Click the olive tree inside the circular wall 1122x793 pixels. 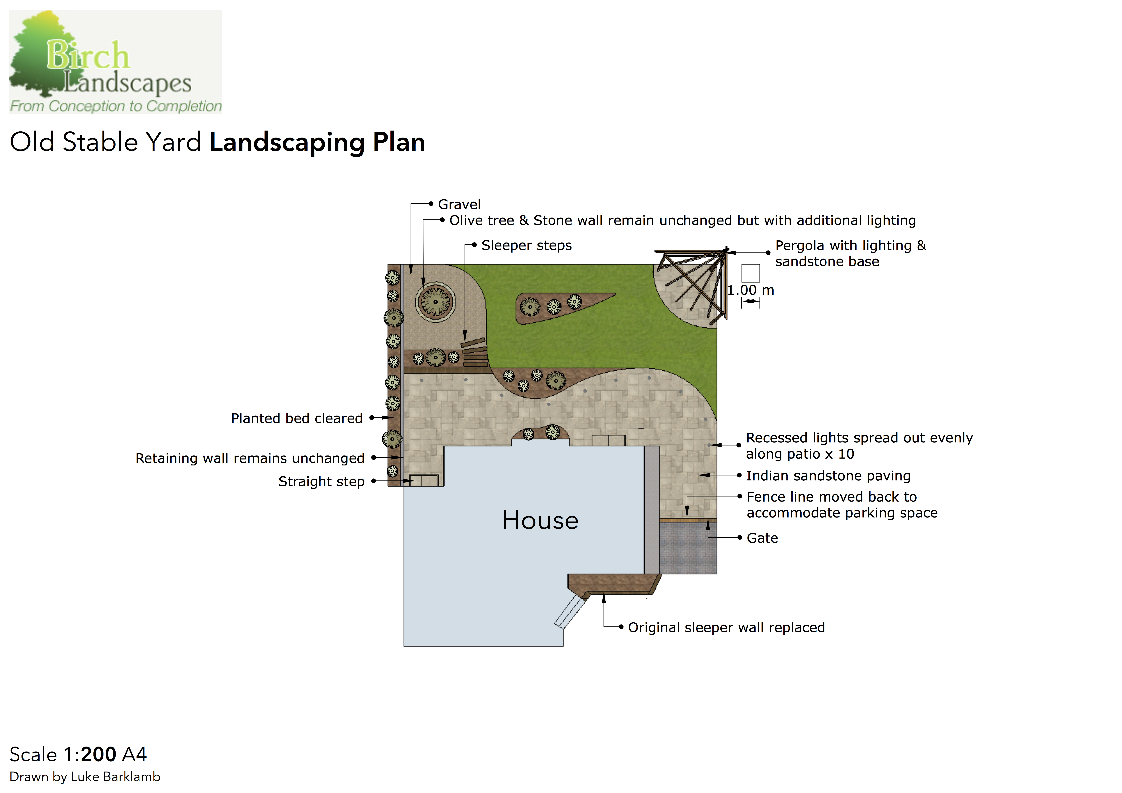click(435, 302)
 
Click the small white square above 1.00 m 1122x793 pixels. click(751, 273)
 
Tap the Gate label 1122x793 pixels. click(762, 538)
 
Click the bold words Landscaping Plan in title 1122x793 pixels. click(317, 143)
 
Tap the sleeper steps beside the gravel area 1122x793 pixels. click(475, 352)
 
